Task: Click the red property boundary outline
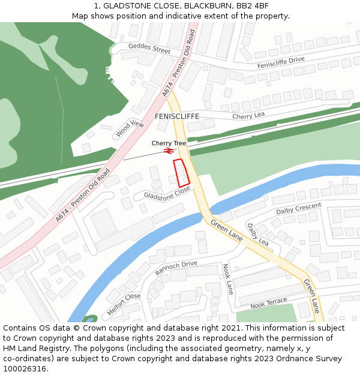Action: tap(181, 172)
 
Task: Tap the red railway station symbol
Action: tap(168, 151)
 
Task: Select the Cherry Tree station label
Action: tap(169, 143)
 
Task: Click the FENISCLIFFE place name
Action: tap(177, 116)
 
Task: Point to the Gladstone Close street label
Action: tap(167, 193)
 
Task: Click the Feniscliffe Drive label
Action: tap(281, 63)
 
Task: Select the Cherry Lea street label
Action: tap(248, 115)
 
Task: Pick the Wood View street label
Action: tap(130, 128)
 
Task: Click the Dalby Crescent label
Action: tap(299, 209)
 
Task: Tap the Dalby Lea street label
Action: tap(258, 234)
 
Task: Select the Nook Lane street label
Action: tap(227, 278)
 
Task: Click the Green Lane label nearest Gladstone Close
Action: tap(226, 230)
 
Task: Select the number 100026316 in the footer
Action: tap(26, 368)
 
